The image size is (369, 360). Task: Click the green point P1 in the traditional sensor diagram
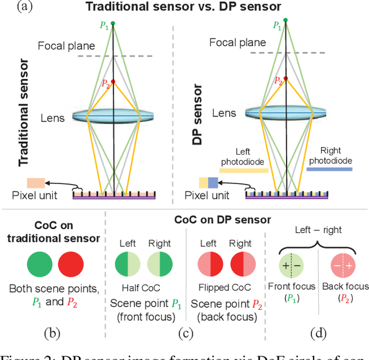[x=113, y=23]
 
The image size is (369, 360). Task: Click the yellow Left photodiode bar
[x=244, y=170]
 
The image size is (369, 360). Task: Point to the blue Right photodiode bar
[x=329, y=169]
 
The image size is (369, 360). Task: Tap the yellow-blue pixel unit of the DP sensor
[x=209, y=183]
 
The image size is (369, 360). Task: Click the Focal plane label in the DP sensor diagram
[x=238, y=42]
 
